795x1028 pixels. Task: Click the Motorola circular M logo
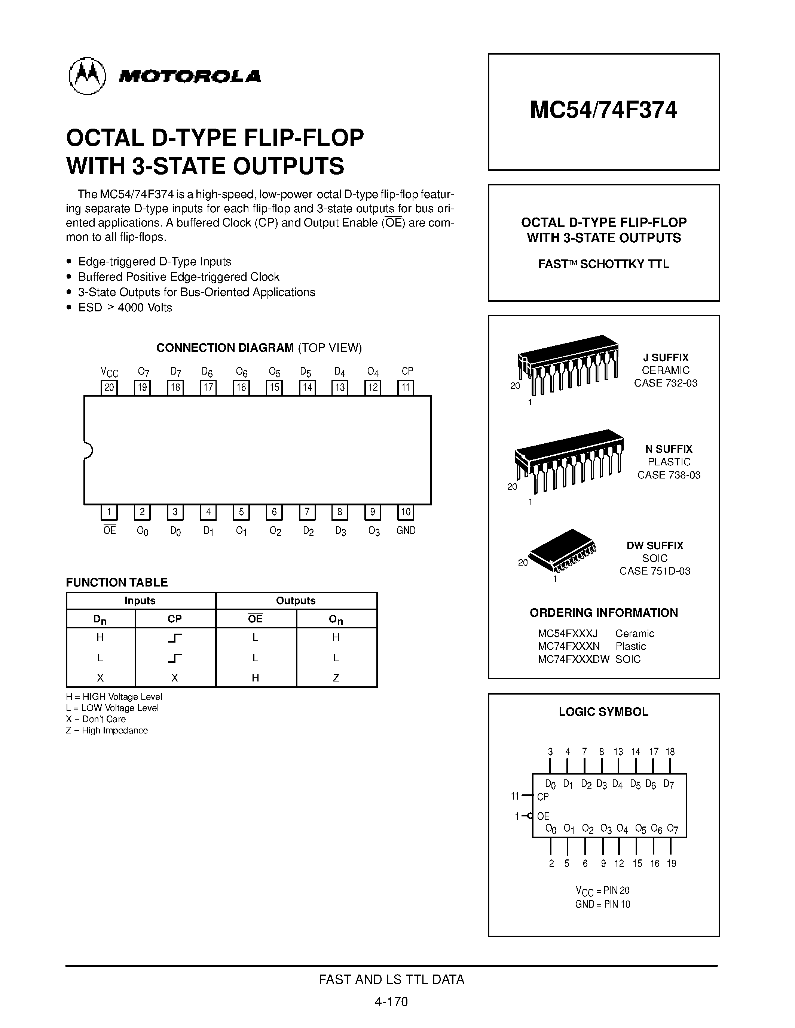tap(88, 76)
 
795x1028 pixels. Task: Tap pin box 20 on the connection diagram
tap(109, 387)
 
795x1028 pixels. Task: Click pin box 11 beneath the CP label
tap(406, 387)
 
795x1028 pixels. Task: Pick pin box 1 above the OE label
tap(109, 512)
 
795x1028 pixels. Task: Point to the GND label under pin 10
tap(406, 530)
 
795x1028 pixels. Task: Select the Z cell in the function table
tap(336, 678)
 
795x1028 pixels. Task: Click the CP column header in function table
tap(175, 619)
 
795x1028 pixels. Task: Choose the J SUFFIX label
tap(666, 357)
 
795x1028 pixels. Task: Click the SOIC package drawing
tap(562, 550)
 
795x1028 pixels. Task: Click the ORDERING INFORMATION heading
tap(603, 613)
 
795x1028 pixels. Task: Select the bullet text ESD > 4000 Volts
tap(125, 307)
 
